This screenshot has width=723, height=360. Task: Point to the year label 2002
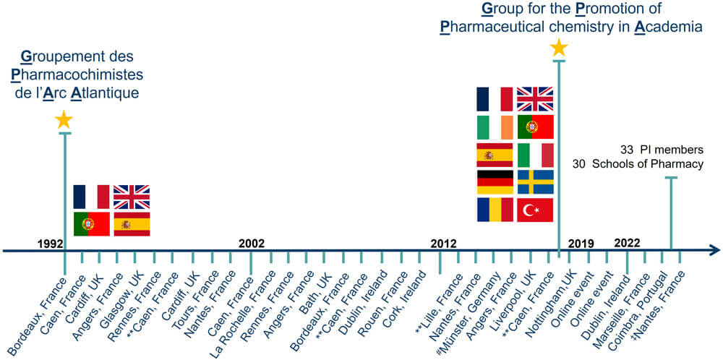click(x=252, y=243)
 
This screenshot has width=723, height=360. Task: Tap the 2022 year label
click(x=627, y=243)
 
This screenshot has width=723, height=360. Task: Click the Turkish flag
click(x=535, y=210)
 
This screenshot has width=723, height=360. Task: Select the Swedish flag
click(x=535, y=182)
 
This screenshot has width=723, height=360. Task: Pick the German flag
click(x=495, y=182)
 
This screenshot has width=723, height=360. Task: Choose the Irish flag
click(x=495, y=127)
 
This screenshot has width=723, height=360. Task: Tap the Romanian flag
click(x=495, y=210)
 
